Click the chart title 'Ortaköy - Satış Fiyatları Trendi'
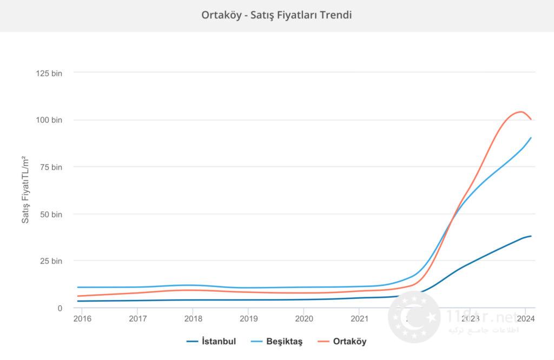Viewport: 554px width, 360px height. (276, 15)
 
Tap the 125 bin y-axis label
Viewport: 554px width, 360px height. (49, 73)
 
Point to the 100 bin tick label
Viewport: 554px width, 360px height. (49, 120)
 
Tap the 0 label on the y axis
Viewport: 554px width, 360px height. (60, 308)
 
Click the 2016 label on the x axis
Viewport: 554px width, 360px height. (82, 318)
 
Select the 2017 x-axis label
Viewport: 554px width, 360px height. (138, 318)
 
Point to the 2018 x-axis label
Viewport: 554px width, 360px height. (193, 318)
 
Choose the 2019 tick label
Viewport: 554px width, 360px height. (248, 318)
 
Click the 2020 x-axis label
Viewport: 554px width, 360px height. (304, 318)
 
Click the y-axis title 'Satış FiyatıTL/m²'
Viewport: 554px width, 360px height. (25, 189)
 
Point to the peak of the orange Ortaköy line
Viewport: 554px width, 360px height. (520, 111)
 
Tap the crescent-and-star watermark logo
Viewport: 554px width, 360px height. (414, 319)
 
